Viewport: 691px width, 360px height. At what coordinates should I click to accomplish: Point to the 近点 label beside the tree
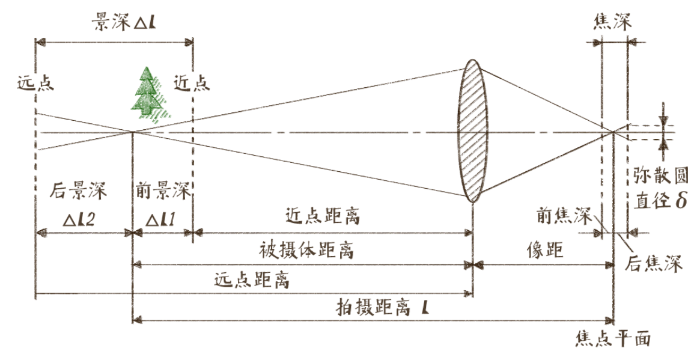(191, 82)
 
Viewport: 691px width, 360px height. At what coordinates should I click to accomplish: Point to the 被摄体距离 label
(306, 250)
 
